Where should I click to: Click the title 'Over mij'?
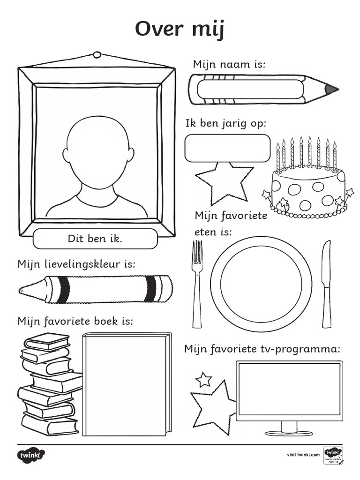[180, 30]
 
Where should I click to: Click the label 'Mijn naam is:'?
[229, 64]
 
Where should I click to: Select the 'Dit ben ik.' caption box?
[95, 239]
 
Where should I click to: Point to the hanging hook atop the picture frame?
[97, 55]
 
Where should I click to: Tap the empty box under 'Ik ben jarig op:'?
[227, 148]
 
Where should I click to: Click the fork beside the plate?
[197, 284]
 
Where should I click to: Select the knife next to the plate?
[326, 284]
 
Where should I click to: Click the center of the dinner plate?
[261, 284]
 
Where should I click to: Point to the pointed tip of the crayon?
[23, 291]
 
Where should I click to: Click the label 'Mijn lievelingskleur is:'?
[76, 264]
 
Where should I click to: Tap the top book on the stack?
[47, 341]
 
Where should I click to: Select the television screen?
[289, 389]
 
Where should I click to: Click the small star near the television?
[203, 379]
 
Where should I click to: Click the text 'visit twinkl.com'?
[303, 455]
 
